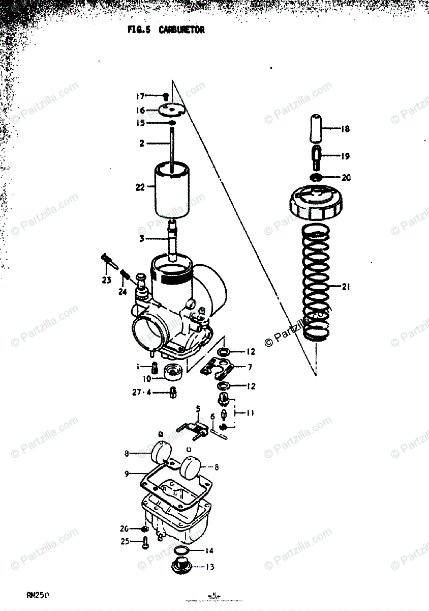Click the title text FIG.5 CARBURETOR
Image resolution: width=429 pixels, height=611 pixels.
[166, 30]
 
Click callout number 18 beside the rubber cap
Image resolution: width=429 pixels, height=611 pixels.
[345, 129]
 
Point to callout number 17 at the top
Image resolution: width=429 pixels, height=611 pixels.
[140, 96]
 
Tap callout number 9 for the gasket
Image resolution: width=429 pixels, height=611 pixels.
[127, 474]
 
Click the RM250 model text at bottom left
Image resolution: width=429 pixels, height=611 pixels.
[38, 595]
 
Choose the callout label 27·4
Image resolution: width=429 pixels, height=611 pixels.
[142, 392]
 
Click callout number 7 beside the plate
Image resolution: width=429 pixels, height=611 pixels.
[250, 367]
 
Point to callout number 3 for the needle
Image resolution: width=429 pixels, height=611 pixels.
[142, 238]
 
